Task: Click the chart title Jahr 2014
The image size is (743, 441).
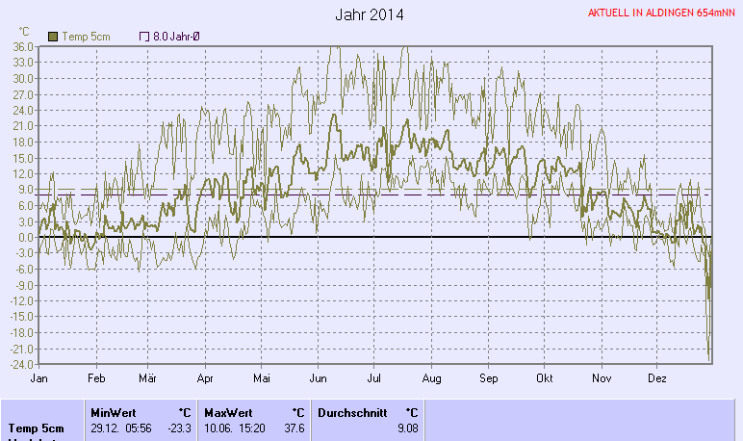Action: (x=370, y=15)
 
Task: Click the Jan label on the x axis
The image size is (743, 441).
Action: (x=39, y=379)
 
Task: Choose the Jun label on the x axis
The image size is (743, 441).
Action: (x=318, y=379)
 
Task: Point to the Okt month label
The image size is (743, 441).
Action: (x=546, y=379)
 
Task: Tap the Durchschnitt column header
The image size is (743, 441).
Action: (x=351, y=412)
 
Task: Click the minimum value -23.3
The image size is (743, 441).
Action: (x=180, y=428)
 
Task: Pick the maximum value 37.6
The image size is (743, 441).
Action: (x=293, y=428)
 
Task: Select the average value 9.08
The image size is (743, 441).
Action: (x=407, y=428)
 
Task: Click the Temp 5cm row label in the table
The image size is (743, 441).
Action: (x=37, y=428)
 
